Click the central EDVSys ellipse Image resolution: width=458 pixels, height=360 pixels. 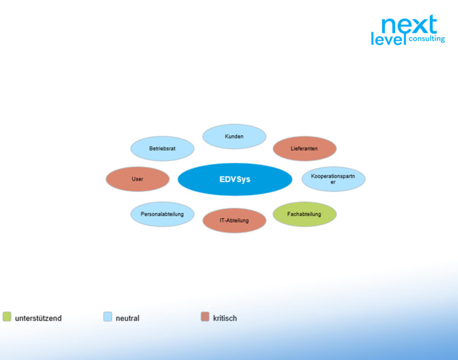235,179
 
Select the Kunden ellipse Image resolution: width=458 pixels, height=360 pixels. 234,136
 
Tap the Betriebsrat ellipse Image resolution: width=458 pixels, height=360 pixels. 163,148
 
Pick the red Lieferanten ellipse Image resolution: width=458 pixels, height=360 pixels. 305,148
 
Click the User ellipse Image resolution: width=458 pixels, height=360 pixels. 137,179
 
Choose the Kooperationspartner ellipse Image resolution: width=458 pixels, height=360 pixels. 333,179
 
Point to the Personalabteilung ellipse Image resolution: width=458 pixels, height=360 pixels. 163,214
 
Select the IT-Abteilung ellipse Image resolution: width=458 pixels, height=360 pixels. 234,221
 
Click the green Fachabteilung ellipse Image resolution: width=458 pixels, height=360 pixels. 305,214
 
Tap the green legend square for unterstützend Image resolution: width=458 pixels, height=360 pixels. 7,316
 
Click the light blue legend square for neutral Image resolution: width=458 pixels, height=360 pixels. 108,316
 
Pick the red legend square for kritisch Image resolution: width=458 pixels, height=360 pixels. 205,316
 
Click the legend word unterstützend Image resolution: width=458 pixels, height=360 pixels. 38,318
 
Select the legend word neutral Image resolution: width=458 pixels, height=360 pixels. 128,318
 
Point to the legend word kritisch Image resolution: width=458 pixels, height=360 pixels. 225,318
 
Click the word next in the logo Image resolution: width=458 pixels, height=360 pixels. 410,24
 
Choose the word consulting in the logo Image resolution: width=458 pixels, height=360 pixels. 427,39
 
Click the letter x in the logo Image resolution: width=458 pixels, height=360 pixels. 418,26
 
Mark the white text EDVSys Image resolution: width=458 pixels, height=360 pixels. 235,179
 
